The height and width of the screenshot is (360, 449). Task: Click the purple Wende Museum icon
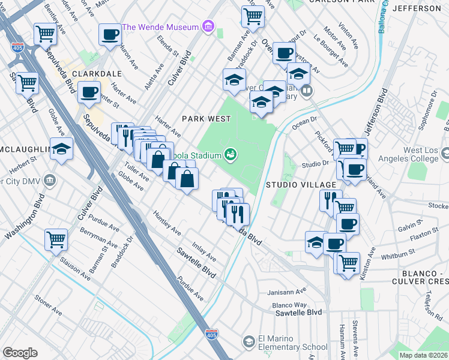208,26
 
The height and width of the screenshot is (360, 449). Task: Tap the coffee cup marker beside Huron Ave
110,35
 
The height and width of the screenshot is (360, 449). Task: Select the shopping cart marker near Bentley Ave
45,34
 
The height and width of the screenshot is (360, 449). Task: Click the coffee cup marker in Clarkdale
89,92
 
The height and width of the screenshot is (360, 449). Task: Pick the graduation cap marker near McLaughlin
61,149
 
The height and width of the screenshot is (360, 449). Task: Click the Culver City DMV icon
50,181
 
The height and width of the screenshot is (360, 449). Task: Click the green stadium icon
230,155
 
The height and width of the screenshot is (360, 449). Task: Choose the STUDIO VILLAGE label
292,184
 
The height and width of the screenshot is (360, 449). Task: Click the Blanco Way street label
291,305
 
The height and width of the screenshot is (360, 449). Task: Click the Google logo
20,353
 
